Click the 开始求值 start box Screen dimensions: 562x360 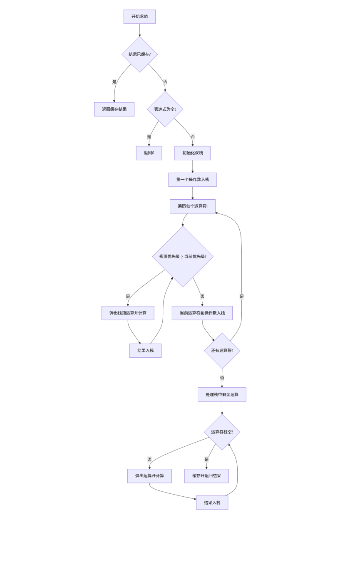tap(139, 17)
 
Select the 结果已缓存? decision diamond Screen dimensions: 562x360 tap(139, 54)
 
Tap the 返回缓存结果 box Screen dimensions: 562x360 tap(114, 109)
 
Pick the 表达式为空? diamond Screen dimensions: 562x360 tap(165, 109)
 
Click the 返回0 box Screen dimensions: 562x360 tap(149, 153)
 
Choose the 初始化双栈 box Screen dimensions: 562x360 tap(192, 153)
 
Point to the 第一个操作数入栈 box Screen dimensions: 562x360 tap(192, 180)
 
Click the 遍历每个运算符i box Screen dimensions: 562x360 tap(192, 206)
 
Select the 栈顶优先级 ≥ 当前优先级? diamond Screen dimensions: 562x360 tap(183, 257)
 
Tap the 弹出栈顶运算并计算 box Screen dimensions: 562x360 tap(128, 313)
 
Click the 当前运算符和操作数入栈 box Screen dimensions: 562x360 tap(202, 313)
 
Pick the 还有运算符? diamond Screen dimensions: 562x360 tap(222, 351)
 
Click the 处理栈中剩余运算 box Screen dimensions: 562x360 tap(222, 395)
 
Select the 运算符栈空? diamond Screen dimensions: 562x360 tap(222, 432)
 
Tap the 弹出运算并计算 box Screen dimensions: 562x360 tap(149, 476)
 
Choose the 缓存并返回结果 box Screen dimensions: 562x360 tap(206, 476)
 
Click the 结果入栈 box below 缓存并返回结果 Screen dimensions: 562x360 tap(212, 503)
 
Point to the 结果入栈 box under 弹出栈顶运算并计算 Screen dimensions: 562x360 tap(145, 351)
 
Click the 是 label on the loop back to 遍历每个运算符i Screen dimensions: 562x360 tap(241, 297)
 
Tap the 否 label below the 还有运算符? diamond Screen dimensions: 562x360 tap(222, 378)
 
